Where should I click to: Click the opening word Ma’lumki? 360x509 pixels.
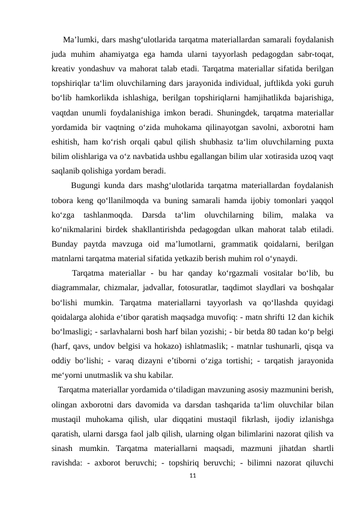[79, 41]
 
